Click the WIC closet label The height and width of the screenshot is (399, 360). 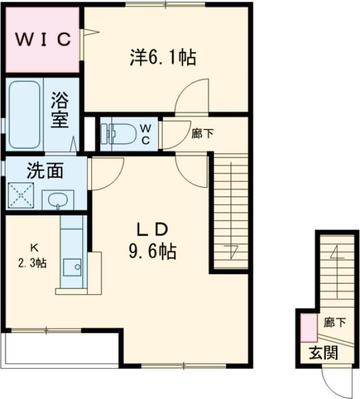click(x=43, y=40)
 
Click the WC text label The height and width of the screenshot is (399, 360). click(x=146, y=132)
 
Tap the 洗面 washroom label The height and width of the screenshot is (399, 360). click(x=45, y=172)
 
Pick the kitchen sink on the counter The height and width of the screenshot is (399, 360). click(x=74, y=266)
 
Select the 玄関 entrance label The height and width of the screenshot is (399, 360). click(x=323, y=353)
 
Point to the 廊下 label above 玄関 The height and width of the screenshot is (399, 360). click(x=334, y=323)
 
